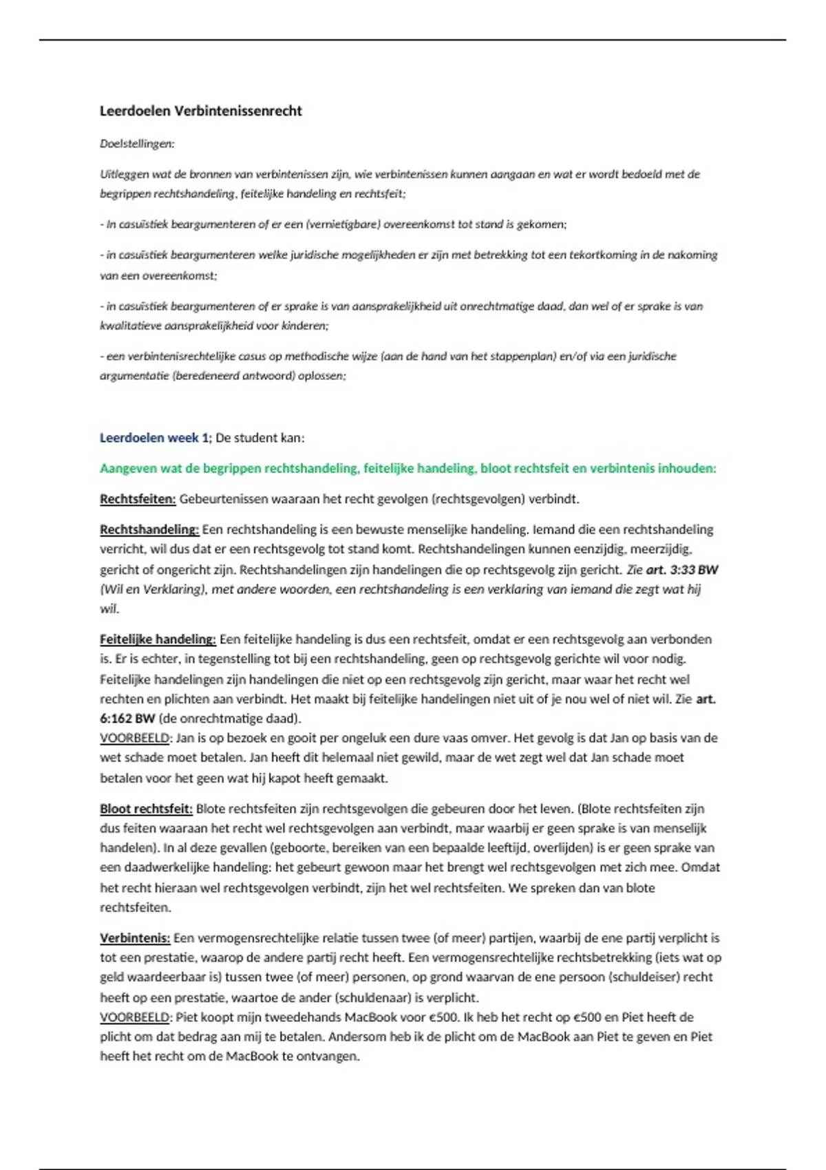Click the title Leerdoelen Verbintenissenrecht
[201, 111]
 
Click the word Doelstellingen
[137, 144]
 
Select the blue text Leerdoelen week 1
[154, 438]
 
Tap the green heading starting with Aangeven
[407, 469]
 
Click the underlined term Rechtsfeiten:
[138, 499]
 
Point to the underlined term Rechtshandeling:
[149, 530]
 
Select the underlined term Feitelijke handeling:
[158, 639]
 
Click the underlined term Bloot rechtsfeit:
[146, 809]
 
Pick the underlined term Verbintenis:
[135, 938]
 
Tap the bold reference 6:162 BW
[127, 719]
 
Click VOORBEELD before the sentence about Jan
[135, 738]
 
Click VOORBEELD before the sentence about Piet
[135, 1017]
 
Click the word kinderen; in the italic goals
[304, 326]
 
